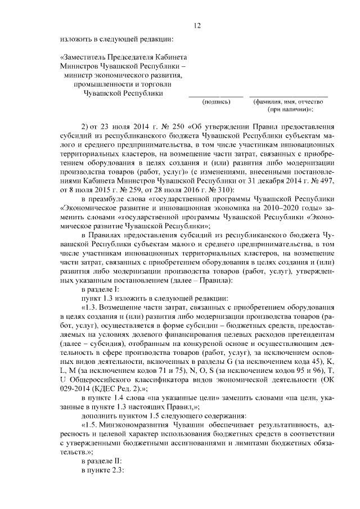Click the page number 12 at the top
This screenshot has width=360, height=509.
coord(197,25)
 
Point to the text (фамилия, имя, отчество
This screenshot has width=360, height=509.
coord(290,102)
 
